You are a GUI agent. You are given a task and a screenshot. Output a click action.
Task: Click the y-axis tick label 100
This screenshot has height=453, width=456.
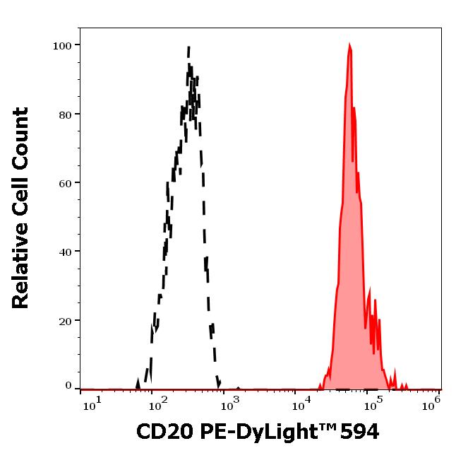(x=62, y=46)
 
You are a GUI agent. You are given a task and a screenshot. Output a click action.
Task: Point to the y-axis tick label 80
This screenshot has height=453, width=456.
(x=65, y=114)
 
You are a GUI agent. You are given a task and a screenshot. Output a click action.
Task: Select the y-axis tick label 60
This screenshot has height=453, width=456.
(x=65, y=183)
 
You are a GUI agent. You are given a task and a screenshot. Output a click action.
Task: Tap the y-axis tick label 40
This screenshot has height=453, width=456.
(x=65, y=252)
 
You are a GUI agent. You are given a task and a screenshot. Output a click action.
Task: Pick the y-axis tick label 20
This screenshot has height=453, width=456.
(x=65, y=321)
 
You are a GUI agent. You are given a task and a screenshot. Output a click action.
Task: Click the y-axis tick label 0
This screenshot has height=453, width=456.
(x=68, y=387)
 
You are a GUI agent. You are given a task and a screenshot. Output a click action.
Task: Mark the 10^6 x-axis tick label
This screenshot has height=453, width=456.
(x=432, y=402)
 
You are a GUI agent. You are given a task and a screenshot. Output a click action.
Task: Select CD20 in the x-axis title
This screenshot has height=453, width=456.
(x=159, y=430)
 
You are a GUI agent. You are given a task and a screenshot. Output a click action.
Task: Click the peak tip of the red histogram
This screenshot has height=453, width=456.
(x=349, y=45)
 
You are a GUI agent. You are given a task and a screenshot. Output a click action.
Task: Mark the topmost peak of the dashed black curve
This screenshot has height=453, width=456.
(x=189, y=48)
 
